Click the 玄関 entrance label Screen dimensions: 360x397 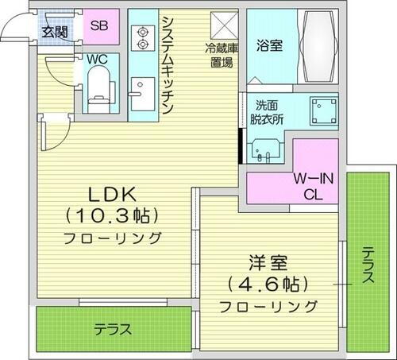coord(55,33)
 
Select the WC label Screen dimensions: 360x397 coord(98,59)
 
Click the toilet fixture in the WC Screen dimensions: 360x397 coord(98,86)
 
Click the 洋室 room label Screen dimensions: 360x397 coord(268,262)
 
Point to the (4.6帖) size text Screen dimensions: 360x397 coord(268,283)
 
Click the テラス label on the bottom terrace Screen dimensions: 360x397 coord(112,329)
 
